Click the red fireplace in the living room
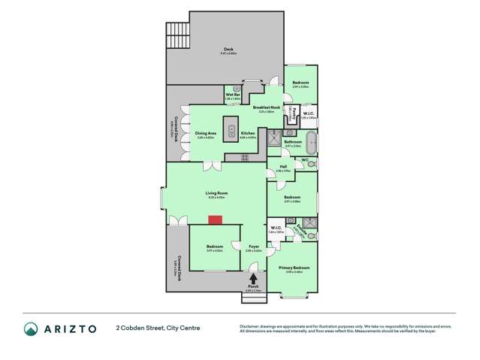coord(216,219)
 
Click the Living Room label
coord(216,192)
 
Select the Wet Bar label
coord(232,95)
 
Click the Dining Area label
coord(206,133)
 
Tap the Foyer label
coord(252,246)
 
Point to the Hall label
coord(282,168)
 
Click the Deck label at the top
coord(228,49)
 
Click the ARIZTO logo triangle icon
coord(32,328)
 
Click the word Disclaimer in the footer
coord(249,325)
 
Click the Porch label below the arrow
coord(252,284)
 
